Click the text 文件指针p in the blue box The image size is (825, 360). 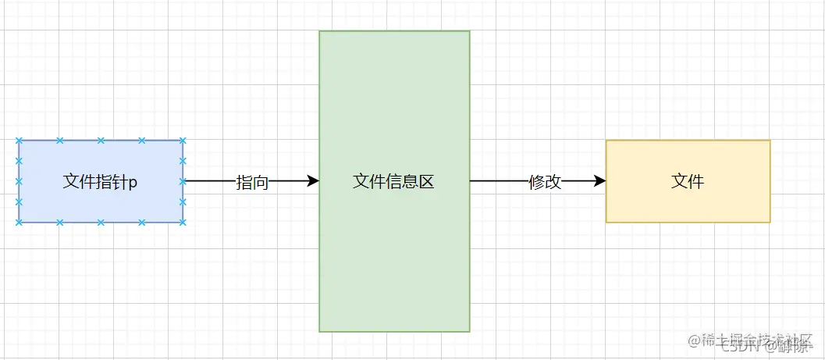tap(100, 182)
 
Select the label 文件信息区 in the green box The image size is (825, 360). tap(393, 182)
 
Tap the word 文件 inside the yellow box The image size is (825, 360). tap(688, 181)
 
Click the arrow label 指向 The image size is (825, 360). tap(252, 182)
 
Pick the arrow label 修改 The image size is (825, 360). tap(545, 182)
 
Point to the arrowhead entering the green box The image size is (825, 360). tap(314, 181)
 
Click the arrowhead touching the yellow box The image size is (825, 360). tap(600, 181)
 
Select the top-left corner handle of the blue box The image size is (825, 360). tap(19, 141)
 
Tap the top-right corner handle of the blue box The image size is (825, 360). tap(183, 141)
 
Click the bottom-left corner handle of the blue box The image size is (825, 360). tap(19, 223)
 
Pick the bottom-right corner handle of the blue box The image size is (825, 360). tap(183, 223)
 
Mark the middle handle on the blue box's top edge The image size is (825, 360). tap(101, 141)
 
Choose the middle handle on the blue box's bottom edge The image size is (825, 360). tap(101, 223)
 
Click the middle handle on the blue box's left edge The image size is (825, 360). tap(19, 181)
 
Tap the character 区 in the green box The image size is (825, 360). tap(426, 182)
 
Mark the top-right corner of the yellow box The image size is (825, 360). tap(770, 141)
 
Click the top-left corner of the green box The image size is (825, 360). tap(320, 31)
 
